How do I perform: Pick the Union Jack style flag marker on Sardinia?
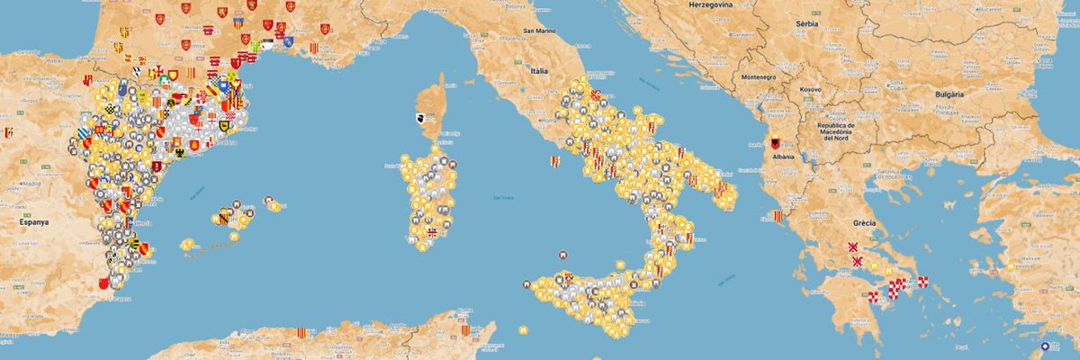[x=432, y=231]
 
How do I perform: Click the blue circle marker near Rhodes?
[x=1044, y=346]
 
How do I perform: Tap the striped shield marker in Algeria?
[x=301, y=333]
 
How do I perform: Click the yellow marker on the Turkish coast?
[x=1011, y=266]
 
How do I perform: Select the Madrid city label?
[x=33, y=183]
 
